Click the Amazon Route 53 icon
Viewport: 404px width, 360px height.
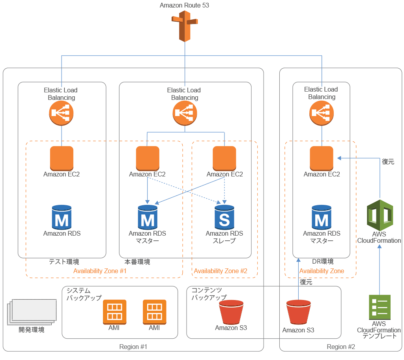click(x=184, y=26)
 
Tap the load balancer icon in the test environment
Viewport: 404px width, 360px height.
click(x=62, y=113)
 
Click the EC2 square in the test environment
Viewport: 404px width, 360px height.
click(x=62, y=158)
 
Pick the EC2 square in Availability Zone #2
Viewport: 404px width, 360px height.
click(x=224, y=158)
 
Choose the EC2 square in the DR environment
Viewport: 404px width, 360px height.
click(x=322, y=158)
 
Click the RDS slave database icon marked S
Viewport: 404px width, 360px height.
click(x=224, y=217)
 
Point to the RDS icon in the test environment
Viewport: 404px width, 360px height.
click(x=62, y=217)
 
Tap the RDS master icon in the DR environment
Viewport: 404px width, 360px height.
click(x=322, y=217)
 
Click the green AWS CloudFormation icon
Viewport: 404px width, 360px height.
click(x=379, y=215)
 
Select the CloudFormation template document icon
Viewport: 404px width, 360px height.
click(x=379, y=307)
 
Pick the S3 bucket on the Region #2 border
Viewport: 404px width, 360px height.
click(x=298, y=313)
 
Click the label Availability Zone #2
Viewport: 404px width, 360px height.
click(x=221, y=271)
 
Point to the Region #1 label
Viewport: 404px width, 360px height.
click(x=133, y=347)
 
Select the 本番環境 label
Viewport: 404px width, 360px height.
click(x=137, y=262)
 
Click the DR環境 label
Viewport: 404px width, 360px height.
click(x=323, y=262)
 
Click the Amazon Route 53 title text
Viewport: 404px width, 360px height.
click(x=184, y=6)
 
